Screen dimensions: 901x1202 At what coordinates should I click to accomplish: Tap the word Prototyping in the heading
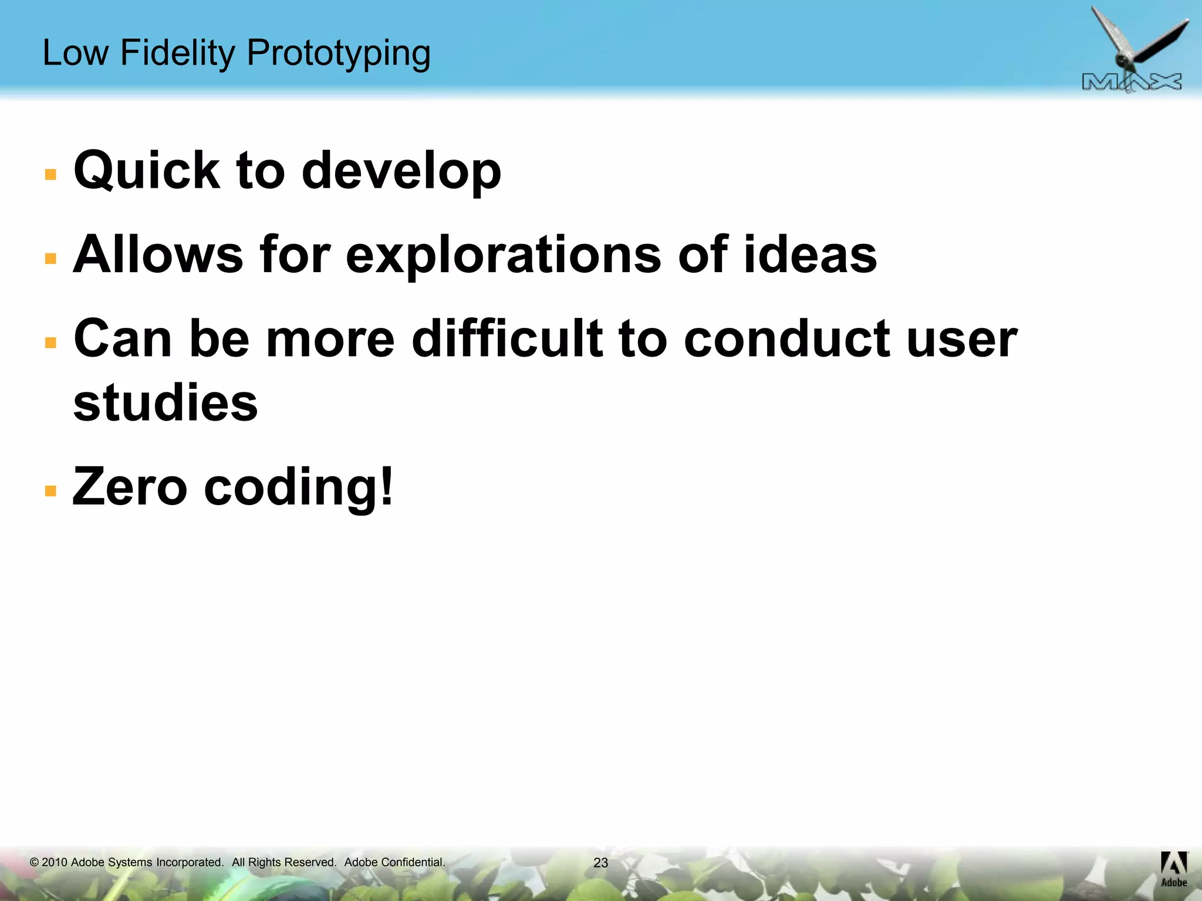pos(339,54)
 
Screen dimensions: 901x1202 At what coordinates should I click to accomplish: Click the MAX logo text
pos(1132,82)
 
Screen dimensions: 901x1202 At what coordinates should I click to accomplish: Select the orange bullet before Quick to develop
pos(50,174)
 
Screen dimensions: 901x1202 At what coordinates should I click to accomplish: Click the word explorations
pos(503,255)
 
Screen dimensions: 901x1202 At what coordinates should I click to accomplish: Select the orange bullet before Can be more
pos(50,343)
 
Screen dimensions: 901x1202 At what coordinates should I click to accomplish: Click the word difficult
pos(507,338)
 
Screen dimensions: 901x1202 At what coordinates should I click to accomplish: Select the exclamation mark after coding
pos(386,486)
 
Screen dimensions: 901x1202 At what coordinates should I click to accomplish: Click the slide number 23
pos(600,863)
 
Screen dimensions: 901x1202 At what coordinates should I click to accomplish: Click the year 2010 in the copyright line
pos(55,862)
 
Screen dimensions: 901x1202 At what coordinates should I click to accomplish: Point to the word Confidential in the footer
pos(413,862)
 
